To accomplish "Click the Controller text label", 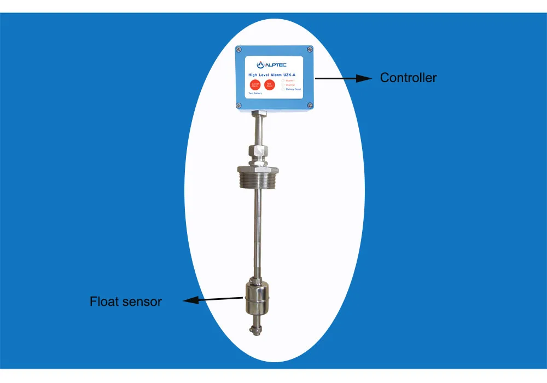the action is click(x=408, y=78).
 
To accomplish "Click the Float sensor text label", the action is click(x=126, y=301).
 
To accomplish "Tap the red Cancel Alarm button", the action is click(x=255, y=84).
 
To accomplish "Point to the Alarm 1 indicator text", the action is click(x=290, y=81).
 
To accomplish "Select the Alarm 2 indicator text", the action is click(x=290, y=85).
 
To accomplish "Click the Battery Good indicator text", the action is click(x=293, y=89).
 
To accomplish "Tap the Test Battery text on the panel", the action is click(x=255, y=94).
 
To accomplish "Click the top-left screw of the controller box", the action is click(x=239, y=50).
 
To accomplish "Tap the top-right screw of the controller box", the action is click(x=310, y=50).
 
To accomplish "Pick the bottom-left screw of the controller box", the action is click(x=239, y=105).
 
